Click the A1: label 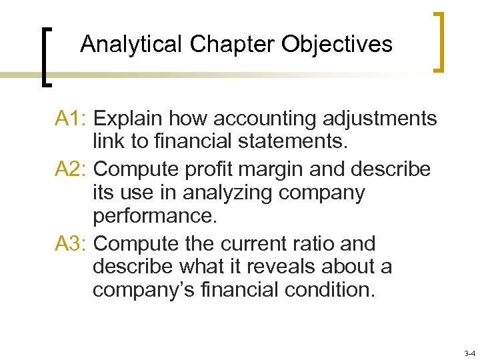coord(72,119)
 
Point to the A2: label coord(72,169)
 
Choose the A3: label coord(72,243)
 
